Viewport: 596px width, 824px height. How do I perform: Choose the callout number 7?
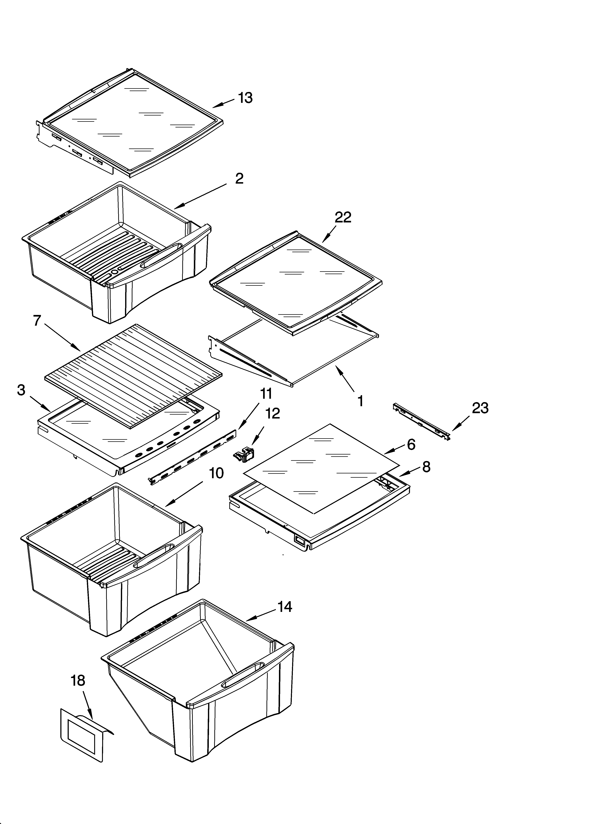point(37,321)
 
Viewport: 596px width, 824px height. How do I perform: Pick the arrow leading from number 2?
point(200,196)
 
